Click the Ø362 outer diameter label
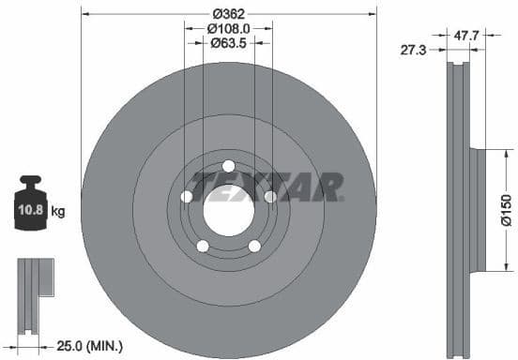pos(228,13)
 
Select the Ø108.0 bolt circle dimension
pos(228,28)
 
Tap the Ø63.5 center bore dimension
pos(228,43)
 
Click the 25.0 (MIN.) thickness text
pos(87,347)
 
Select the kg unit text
pos(58,213)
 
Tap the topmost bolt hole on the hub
pos(228,166)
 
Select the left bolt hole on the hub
pos(186,197)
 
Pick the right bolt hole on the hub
pos(270,197)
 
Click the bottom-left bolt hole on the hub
pos(202,246)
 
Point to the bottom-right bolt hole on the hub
pos(254,246)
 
